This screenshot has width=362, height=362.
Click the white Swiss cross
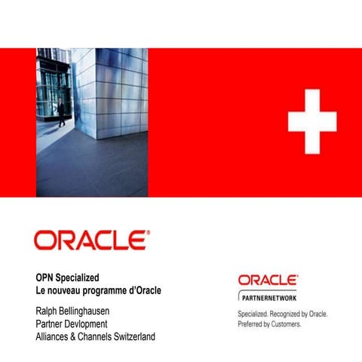click(x=312, y=120)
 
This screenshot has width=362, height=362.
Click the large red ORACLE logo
click(x=91, y=241)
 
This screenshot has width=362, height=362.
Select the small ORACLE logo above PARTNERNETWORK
click(x=268, y=281)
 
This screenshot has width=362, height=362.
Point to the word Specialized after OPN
click(x=78, y=277)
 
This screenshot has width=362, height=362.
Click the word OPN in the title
click(x=45, y=277)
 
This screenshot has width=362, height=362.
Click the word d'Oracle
click(x=148, y=290)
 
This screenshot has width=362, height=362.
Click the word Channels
click(x=103, y=336)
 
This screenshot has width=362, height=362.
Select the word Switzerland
click(x=140, y=336)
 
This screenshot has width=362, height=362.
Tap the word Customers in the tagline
click(x=287, y=324)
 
